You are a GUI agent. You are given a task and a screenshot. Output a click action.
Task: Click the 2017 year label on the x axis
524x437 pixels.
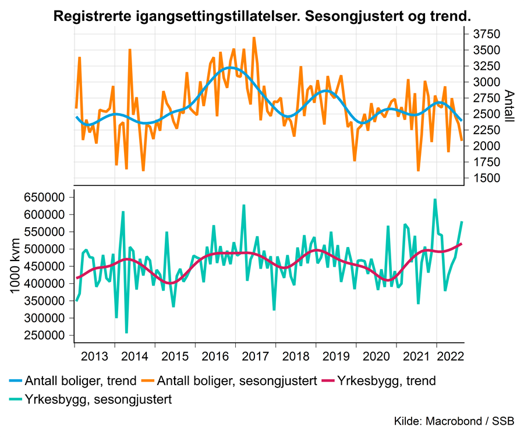[x=255, y=356]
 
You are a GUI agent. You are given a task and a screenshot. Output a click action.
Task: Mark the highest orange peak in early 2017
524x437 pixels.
[x=254, y=37]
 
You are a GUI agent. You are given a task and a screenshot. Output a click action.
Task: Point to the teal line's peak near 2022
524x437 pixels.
[x=435, y=199]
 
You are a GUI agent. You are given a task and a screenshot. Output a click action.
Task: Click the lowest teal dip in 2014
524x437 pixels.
[x=126, y=333]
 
